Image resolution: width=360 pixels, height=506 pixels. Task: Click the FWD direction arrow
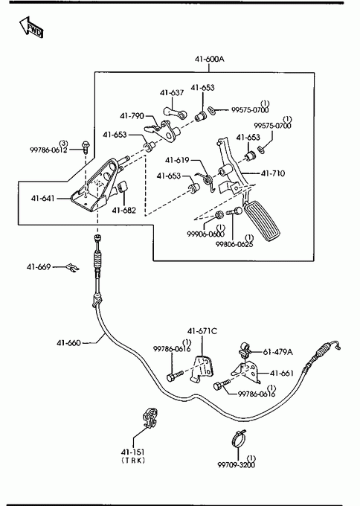pyautogui.click(x=31, y=27)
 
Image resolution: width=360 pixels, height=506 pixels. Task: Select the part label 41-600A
pyautogui.click(x=209, y=59)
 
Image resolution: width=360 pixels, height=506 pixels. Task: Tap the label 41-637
pyautogui.click(x=172, y=93)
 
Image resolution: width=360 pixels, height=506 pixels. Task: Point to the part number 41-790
pyautogui.click(x=132, y=116)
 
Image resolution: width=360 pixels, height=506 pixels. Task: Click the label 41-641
pyautogui.click(x=43, y=198)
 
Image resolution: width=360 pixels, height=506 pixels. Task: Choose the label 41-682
pyautogui.click(x=124, y=211)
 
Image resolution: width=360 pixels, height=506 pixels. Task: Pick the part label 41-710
pyautogui.click(x=273, y=173)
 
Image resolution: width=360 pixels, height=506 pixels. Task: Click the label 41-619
pyautogui.click(x=177, y=160)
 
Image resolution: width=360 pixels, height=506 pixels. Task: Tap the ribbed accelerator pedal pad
pyautogui.click(x=263, y=222)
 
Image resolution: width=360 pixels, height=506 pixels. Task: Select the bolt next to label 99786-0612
pyautogui.click(x=86, y=147)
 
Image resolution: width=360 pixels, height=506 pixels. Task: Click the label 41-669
pyautogui.click(x=39, y=267)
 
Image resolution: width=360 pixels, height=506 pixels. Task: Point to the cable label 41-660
pyautogui.click(x=68, y=343)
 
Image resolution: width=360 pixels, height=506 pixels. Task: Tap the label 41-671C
pyautogui.click(x=202, y=331)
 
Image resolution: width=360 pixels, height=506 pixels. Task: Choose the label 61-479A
pyautogui.click(x=278, y=352)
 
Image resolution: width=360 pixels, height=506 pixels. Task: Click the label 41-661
pyautogui.click(x=282, y=374)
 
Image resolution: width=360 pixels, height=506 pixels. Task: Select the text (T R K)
pyautogui.click(x=133, y=461)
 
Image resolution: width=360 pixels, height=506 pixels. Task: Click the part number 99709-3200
pyautogui.click(x=236, y=465)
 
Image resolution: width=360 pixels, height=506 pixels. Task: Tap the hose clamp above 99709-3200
pyautogui.click(x=239, y=438)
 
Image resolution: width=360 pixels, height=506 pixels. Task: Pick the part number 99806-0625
pyautogui.click(x=234, y=244)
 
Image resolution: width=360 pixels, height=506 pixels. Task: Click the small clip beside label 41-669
pyautogui.click(x=72, y=268)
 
